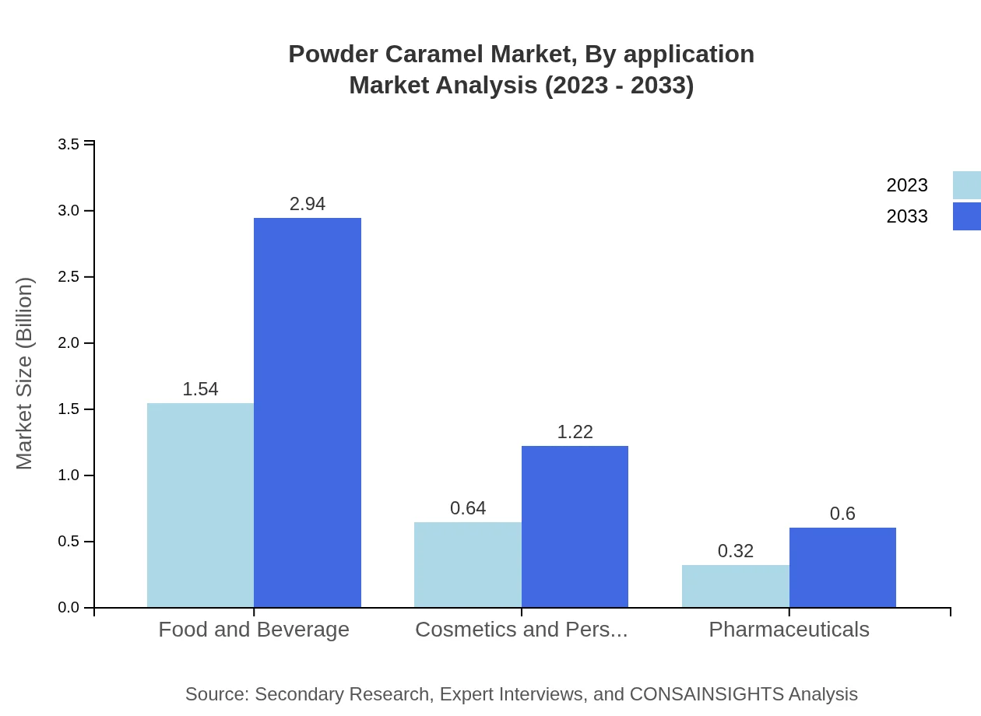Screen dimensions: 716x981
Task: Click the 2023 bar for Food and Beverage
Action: coord(200,505)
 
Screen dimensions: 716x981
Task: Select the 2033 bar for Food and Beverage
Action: coord(308,412)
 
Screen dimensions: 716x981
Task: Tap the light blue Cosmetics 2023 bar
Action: coord(468,564)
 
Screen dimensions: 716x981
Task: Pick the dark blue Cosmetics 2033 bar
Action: coord(575,526)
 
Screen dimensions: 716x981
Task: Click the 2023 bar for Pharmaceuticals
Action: coord(736,586)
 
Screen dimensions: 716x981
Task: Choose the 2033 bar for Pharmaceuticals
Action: coord(842,567)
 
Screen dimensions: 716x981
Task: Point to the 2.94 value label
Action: coord(308,204)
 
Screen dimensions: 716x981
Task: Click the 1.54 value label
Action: coord(200,389)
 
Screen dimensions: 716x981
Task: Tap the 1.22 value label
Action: coord(575,432)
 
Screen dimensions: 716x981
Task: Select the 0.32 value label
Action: coord(736,551)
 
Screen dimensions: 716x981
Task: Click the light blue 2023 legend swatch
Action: coord(966,185)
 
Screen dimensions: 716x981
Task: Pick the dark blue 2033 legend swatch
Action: coord(966,216)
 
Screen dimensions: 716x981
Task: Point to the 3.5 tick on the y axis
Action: coord(69,145)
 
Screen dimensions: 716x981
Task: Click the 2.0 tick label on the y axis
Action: coord(69,343)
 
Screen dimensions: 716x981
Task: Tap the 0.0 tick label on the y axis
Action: coord(69,608)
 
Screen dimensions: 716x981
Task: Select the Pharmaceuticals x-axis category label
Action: coord(789,630)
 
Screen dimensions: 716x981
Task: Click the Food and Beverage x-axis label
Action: coord(254,630)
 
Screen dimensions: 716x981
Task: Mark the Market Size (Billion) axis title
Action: coord(25,374)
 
